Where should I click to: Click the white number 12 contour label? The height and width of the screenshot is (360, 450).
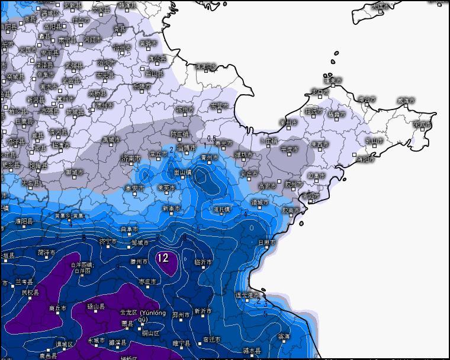pyautogui.click(x=163, y=258)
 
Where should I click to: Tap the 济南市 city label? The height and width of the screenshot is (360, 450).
pyautogui.click(x=130, y=159)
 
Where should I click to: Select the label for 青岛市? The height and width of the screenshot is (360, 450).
pyautogui.click(x=310, y=195)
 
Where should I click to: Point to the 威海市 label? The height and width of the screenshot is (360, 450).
pyautogui.click(x=406, y=101)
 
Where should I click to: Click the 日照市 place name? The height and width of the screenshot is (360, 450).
pyautogui.click(x=267, y=242)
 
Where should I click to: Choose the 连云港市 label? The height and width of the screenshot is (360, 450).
pyautogui.click(x=248, y=295)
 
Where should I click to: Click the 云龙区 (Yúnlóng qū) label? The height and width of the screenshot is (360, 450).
pyautogui.click(x=143, y=314)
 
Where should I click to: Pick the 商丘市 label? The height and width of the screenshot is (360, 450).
pyautogui.click(x=58, y=308)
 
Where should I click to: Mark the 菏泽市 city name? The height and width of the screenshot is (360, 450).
pyautogui.click(x=46, y=252)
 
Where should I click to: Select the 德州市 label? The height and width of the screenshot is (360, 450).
pyautogui.click(x=104, y=105)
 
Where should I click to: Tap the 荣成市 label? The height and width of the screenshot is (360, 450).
pyautogui.click(x=423, y=124)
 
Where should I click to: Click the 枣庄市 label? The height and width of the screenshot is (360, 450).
pyautogui.click(x=147, y=281)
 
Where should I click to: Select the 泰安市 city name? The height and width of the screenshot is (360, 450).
pyautogui.click(x=134, y=188)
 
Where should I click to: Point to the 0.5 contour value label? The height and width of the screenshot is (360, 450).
pyautogui.click(x=211, y=138)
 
